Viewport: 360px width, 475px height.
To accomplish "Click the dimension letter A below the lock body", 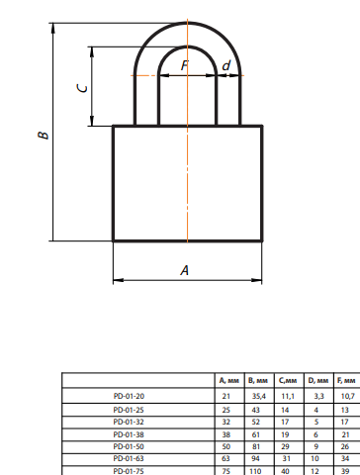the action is (185, 270).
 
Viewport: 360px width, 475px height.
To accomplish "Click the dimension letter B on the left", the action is (44, 136).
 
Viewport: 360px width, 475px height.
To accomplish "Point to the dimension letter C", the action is (82, 88).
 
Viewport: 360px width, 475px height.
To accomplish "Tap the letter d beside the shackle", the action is (226, 65).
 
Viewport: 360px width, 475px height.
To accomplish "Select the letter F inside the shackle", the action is (184, 65).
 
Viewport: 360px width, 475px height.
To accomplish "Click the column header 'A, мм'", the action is (229, 381).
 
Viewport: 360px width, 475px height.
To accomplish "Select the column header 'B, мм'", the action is (258, 381).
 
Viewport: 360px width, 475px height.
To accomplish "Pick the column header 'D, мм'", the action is (318, 381).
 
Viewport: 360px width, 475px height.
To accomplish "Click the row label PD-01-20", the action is (129, 396).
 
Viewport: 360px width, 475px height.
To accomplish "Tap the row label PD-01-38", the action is (129, 434).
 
